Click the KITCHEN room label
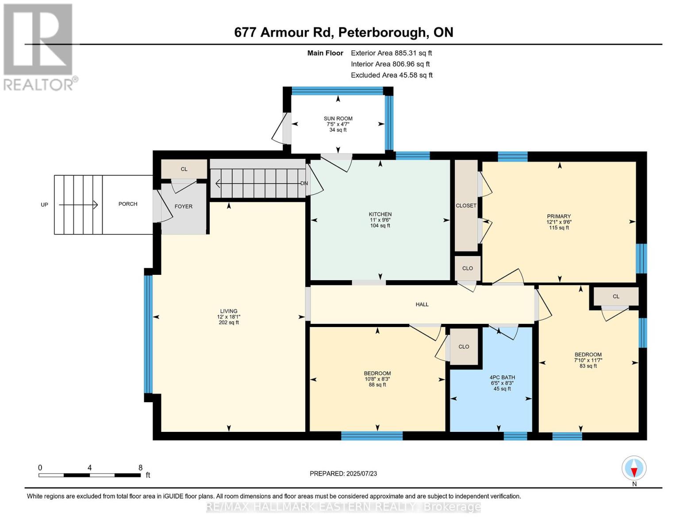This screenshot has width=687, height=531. click(x=380, y=214)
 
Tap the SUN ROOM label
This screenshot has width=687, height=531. click(x=338, y=119)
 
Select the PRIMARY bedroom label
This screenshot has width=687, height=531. click(x=559, y=216)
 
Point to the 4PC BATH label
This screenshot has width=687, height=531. click(x=502, y=377)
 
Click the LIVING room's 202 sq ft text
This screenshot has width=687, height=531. click(x=229, y=323)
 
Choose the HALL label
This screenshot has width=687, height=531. click(x=422, y=304)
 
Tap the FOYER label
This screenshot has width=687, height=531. click(x=184, y=206)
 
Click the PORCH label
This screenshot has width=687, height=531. click(x=128, y=204)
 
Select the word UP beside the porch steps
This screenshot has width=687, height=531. click(x=44, y=205)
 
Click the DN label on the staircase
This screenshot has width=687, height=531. click(x=304, y=183)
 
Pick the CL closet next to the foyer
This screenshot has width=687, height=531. click(x=184, y=169)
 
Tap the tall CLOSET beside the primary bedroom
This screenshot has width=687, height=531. click(x=466, y=206)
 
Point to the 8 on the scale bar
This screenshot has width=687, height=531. click(x=140, y=468)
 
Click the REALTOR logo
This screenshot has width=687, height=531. click(x=38, y=46)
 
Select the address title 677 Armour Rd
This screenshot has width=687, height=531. click(x=343, y=32)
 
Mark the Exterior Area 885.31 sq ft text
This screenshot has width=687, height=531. click(x=391, y=53)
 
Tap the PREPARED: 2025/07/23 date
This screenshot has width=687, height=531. click(x=343, y=473)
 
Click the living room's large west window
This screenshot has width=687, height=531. click(x=148, y=334)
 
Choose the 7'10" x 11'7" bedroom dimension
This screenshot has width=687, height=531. click(x=588, y=360)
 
